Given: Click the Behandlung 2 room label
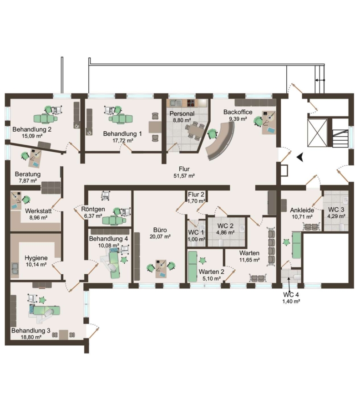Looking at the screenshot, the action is tap(32, 129).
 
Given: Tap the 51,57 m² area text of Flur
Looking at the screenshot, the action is tap(184, 176).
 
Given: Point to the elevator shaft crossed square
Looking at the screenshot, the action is tap(317, 133).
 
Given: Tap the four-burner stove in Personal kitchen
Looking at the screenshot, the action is tap(191, 103).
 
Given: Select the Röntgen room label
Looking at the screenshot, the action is tap(93, 209).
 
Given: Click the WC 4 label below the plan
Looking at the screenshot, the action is tap(291, 295).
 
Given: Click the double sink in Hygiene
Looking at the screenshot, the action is tap(15, 268).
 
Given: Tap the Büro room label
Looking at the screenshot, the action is tap(160, 230).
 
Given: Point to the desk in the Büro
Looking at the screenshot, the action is tap(161, 269).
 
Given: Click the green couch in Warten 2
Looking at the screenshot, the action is tap(193, 266).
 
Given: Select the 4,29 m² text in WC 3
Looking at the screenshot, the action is tap(336, 216).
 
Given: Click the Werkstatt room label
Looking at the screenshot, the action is tap(38, 211).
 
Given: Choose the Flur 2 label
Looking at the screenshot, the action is tap(196, 195).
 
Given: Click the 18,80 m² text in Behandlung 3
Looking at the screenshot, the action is tap(31, 337).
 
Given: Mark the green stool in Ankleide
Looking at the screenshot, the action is tap(287, 242).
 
